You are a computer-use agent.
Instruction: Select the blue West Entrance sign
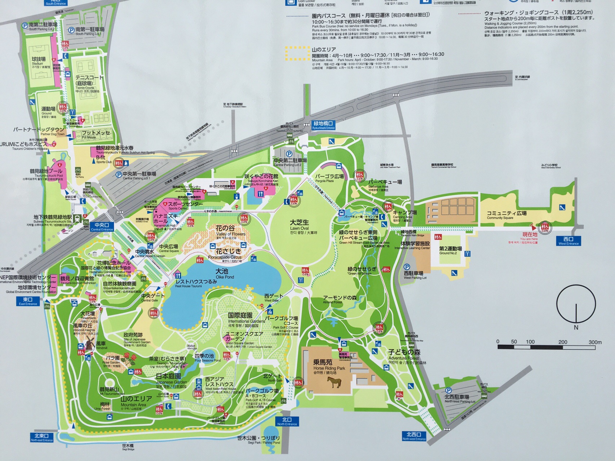click(x=568, y=241)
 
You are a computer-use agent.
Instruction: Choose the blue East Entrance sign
click(x=28, y=301)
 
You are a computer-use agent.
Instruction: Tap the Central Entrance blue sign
click(x=102, y=227)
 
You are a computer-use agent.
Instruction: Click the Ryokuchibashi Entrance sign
click(x=323, y=125)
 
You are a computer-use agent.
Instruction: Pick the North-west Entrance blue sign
click(x=414, y=436)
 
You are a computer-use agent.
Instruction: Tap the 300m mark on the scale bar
click(x=594, y=342)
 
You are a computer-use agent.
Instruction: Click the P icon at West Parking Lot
click(x=407, y=267)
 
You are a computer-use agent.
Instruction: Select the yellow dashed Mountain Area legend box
click(x=297, y=53)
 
